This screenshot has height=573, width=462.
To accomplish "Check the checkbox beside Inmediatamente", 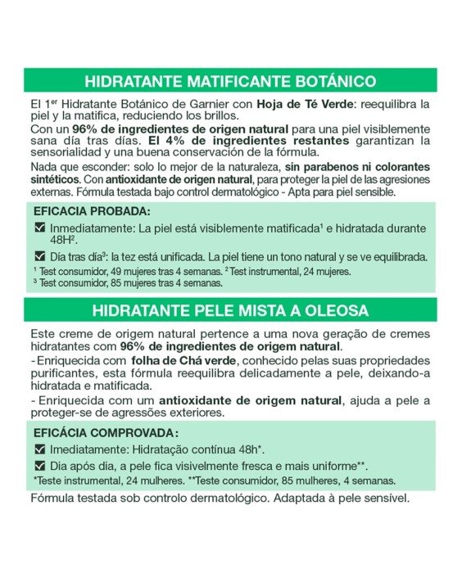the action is pos(39,226).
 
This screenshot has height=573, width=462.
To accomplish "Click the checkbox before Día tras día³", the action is pos(39,255).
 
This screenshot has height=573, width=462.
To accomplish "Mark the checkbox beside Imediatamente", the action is pos(39,449).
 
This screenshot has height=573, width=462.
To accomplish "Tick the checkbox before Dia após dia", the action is pos(39,465).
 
